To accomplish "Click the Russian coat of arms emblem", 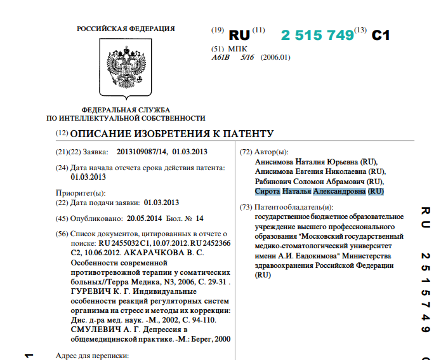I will click(125, 68).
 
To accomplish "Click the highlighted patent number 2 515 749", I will click(317, 36).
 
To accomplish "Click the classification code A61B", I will click(220, 57).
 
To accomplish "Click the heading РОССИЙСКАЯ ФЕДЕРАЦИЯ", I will click(126, 29).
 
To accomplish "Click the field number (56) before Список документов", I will click(62, 234).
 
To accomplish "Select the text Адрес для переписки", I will click(93, 355).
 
